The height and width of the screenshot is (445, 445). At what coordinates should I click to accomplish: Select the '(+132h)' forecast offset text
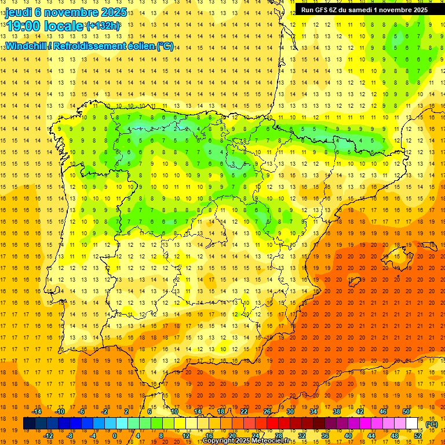(x=103, y=25)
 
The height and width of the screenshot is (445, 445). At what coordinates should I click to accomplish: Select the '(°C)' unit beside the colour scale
(x=431, y=424)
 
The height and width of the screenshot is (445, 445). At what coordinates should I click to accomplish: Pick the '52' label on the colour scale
(x=418, y=436)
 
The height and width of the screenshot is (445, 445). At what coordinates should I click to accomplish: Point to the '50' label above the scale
(x=406, y=411)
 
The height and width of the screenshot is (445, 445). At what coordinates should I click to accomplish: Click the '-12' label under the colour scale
(x=48, y=436)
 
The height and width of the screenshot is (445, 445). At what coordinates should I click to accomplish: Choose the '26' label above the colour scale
(x=267, y=411)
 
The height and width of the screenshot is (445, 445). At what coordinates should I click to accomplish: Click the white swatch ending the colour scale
(x=412, y=424)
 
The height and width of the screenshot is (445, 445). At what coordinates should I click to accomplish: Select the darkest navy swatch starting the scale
(x=29, y=424)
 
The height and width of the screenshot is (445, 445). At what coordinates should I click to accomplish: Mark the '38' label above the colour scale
(x=337, y=411)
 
